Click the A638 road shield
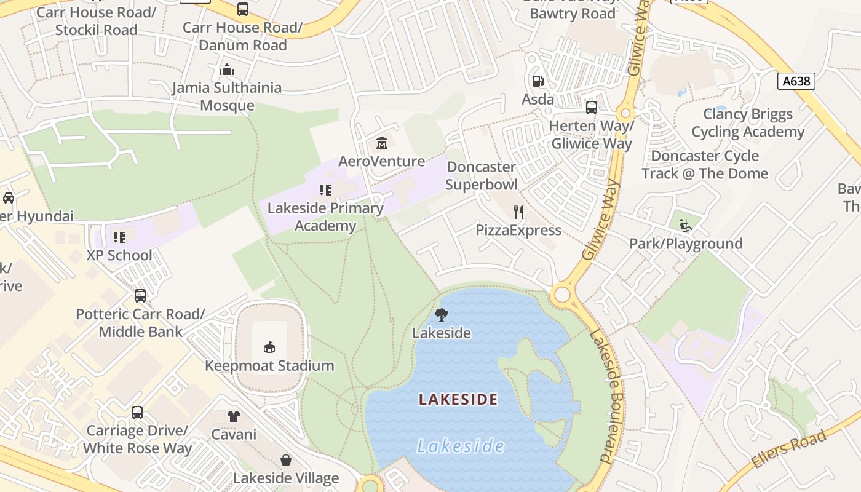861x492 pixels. pyautogui.click(x=796, y=81)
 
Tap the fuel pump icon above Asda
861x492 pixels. pyautogui.click(x=538, y=81)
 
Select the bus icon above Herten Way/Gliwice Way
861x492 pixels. pyautogui.click(x=592, y=108)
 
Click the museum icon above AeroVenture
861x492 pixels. pyautogui.click(x=381, y=143)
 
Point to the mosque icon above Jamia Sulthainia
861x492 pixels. pyautogui.click(x=227, y=69)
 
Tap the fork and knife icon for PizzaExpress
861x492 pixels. pyautogui.click(x=518, y=212)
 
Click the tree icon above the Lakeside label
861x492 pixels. pyautogui.click(x=441, y=315)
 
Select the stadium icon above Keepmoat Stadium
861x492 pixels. pyautogui.click(x=269, y=347)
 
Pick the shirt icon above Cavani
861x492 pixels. pyautogui.click(x=233, y=416)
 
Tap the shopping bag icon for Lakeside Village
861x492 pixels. pyautogui.click(x=286, y=460)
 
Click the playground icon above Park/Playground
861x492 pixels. pyautogui.click(x=686, y=226)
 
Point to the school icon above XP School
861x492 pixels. pyautogui.click(x=119, y=237)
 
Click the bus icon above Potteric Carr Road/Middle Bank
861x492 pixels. pyautogui.click(x=140, y=296)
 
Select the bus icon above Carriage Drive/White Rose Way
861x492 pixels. pyautogui.click(x=137, y=412)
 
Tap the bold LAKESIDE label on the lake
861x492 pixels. pyautogui.click(x=458, y=399)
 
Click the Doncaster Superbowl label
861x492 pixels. pyautogui.click(x=482, y=175)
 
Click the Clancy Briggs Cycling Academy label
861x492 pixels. pyautogui.click(x=748, y=123)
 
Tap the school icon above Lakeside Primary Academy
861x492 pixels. pyautogui.click(x=325, y=190)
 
